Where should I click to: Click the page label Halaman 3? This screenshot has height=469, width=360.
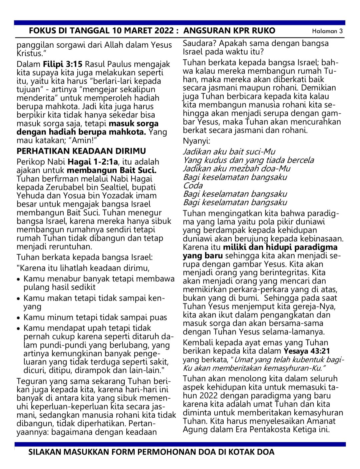(327, 31)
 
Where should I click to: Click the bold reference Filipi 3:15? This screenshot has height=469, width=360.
(63, 64)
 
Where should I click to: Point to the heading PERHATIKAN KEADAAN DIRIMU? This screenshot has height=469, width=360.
(81, 151)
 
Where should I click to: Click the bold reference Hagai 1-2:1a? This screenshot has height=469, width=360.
(93, 162)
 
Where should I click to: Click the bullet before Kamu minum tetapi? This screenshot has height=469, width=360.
(19, 318)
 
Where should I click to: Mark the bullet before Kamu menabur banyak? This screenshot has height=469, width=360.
(19, 279)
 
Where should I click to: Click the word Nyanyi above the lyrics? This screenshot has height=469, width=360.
(196, 141)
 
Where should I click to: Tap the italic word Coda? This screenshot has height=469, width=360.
(193, 186)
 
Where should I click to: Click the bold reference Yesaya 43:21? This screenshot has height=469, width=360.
(307, 351)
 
